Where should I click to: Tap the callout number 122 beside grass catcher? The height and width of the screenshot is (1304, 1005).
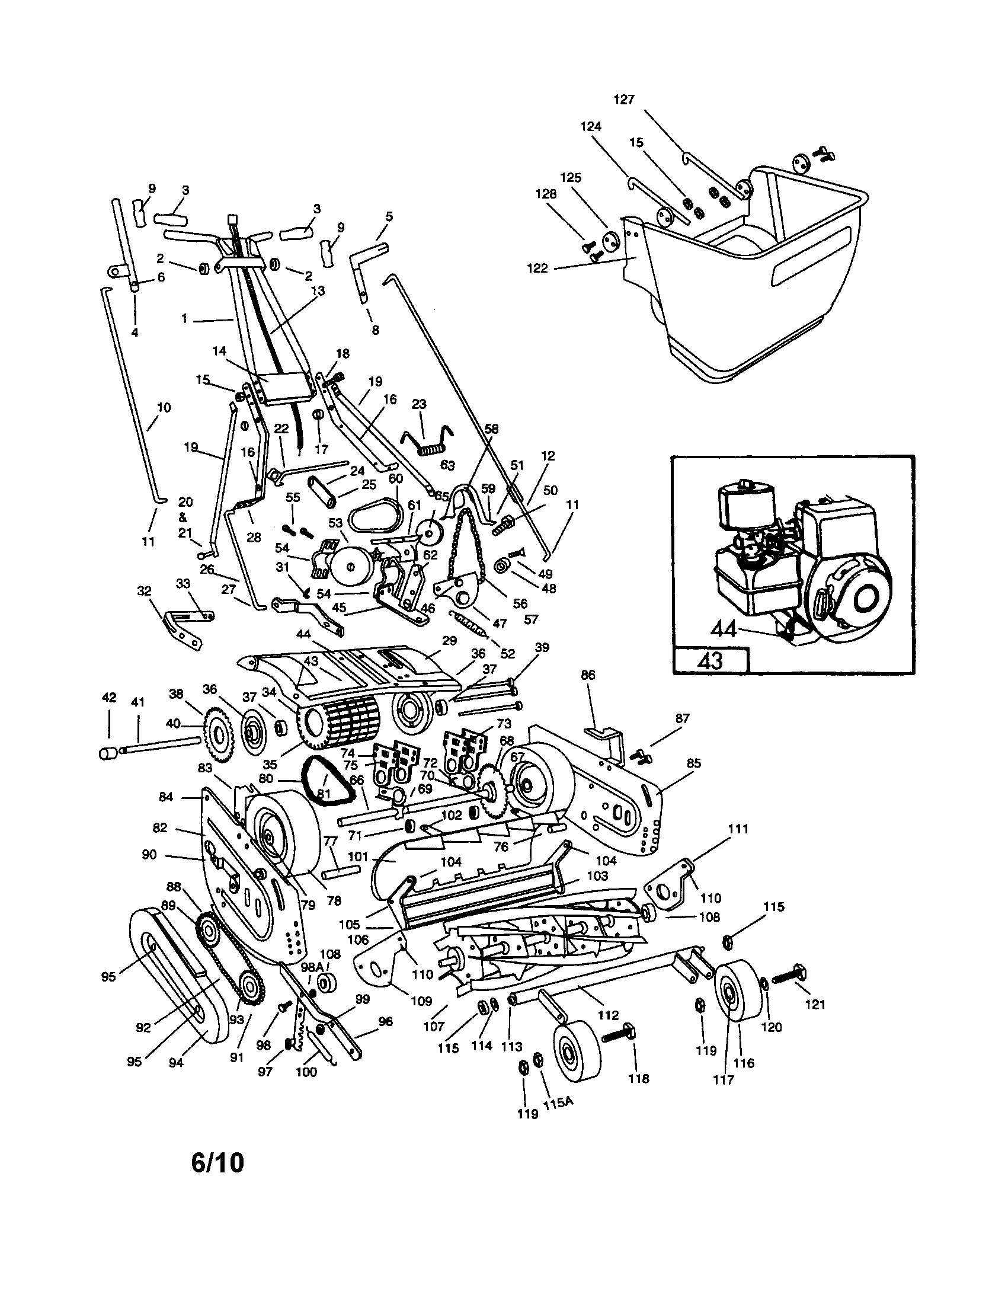point(537,269)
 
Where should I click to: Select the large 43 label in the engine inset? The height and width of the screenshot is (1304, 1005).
point(709,661)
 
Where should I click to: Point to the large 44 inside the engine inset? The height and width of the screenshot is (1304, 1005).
point(724,629)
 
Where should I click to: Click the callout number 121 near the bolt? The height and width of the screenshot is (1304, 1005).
point(815,1004)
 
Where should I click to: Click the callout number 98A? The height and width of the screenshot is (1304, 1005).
point(312,966)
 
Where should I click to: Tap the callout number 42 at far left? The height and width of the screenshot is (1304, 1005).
point(108,698)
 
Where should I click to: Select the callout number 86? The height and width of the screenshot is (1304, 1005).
point(588,675)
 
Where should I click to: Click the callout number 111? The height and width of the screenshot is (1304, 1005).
point(738,829)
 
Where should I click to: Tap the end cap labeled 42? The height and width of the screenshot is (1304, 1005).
point(107,753)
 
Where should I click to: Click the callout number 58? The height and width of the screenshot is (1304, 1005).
point(491,429)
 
